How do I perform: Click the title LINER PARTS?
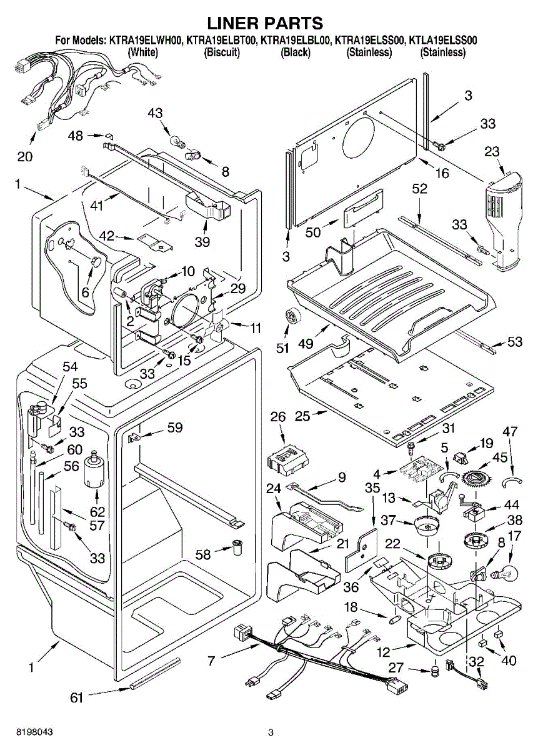pyautogui.click(x=265, y=24)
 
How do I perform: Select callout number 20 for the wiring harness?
pyautogui.click(x=25, y=157)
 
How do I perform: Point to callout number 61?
pyautogui.click(x=76, y=698)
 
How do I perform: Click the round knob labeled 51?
pyautogui.click(x=291, y=316)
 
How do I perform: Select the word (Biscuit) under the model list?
pyautogui.click(x=222, y=52)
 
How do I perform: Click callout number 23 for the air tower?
pyautogui.click(x=492, y=151)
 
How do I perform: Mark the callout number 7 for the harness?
pyautogui.click(x=211, y=660)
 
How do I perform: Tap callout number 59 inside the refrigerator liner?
pyautogui.click(x=174, y=427)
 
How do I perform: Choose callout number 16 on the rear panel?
pyautogui.click(x=442, y=173)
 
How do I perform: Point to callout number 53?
pyautogui.click(x=515, y=342)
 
